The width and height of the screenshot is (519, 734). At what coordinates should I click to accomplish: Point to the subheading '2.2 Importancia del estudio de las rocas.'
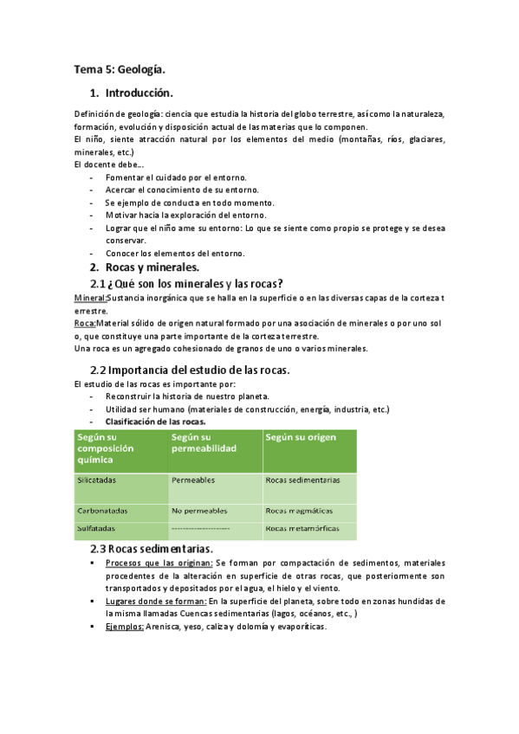190,370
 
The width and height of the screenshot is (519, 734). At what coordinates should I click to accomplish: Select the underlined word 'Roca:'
86,323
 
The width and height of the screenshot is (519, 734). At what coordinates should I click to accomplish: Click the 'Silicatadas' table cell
97,480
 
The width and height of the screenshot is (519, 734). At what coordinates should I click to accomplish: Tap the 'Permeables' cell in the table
193,480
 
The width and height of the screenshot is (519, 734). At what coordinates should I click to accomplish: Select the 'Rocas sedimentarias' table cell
302,480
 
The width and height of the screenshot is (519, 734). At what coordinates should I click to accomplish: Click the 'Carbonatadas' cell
101,510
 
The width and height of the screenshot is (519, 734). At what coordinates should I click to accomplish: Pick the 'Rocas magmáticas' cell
299,510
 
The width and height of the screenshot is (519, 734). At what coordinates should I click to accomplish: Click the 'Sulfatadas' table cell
96,527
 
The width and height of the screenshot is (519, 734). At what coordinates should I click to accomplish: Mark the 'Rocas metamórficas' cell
302,527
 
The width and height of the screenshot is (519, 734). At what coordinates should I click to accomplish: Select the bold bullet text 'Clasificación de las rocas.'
156,421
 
